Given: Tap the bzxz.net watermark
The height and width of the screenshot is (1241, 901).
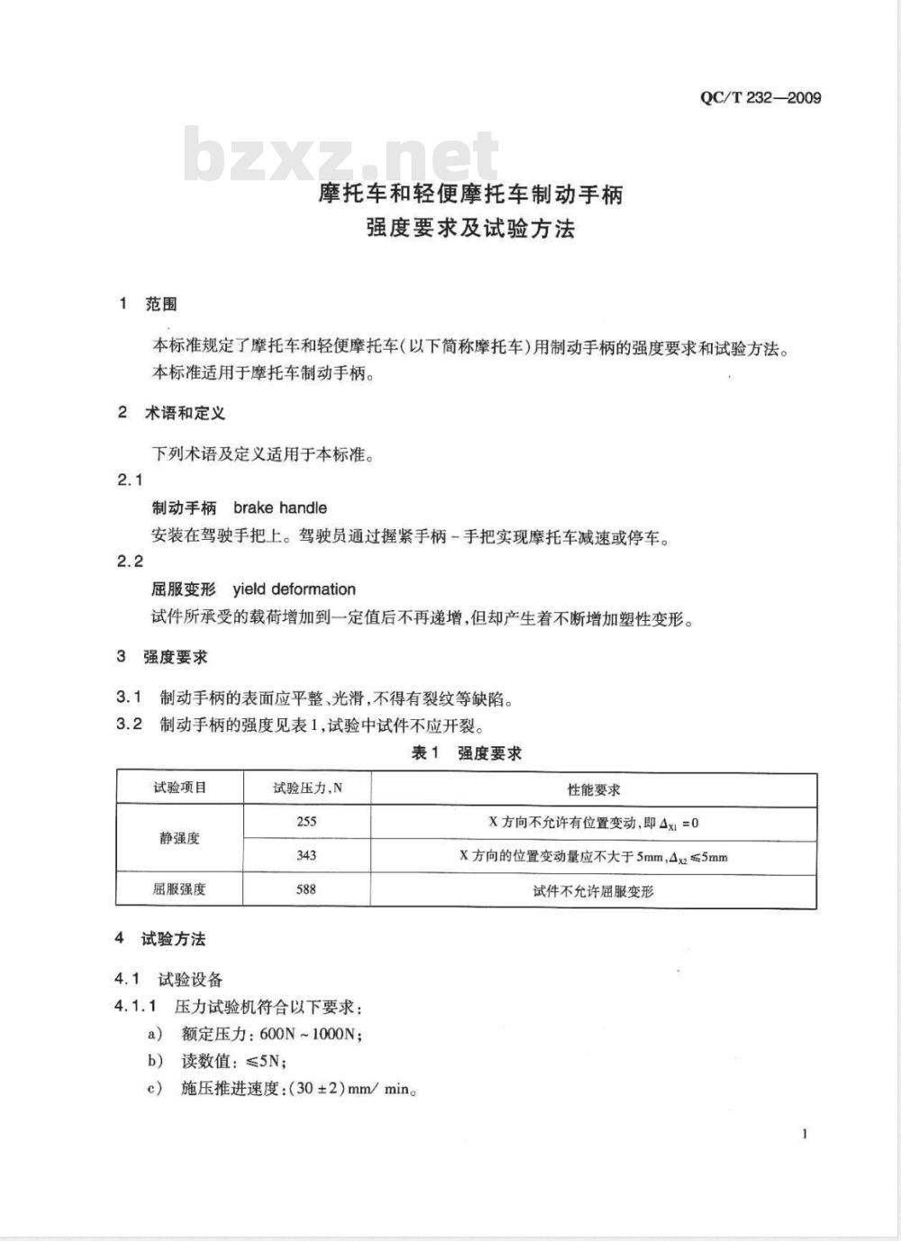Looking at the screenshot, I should pos(341,155).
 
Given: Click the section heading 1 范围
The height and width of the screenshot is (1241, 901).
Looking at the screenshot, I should pos(149,304).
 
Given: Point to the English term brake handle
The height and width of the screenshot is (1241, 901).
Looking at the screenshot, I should pos(280,507).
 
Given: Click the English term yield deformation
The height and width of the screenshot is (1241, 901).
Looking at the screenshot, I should pos(294,589).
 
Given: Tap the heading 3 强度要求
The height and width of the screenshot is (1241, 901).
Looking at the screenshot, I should pos(162,656).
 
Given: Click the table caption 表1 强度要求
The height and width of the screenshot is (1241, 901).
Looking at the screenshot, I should pos(466,753).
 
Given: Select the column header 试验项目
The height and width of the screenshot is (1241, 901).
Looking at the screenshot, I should pos(179,788).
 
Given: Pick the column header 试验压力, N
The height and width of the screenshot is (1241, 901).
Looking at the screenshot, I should pos(307,789).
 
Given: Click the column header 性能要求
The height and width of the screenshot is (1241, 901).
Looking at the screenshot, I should pos(593,789).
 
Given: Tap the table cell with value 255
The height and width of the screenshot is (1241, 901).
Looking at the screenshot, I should pos(306,822).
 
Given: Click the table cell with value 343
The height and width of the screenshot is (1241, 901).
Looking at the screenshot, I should pos(306,855).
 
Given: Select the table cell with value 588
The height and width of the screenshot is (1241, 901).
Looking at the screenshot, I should pos(306,890).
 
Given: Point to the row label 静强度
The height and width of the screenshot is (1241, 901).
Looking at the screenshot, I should pos(179,838).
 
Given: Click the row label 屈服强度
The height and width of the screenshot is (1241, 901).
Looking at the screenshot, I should pos(179,890).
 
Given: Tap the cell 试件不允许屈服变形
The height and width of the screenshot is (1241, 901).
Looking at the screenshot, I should pos(593,891).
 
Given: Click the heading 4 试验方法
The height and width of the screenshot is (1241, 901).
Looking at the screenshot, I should pos(160,939).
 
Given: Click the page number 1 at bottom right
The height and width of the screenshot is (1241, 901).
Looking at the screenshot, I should pos(804,1133).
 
